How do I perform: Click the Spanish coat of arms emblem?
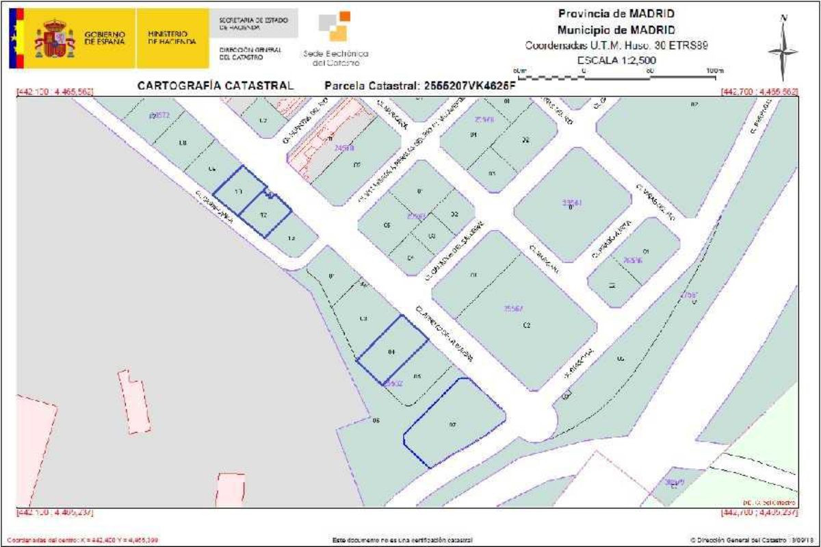tap(55, 38)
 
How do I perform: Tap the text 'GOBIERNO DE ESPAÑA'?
tap(105, 38)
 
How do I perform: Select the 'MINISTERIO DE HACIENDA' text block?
tap(172, 38)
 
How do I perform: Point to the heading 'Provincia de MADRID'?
tap(616, 14)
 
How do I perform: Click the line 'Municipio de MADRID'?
tap(616, 30)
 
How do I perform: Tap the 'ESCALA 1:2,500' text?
tap(616, 60)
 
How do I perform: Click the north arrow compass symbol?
tap(783, 49)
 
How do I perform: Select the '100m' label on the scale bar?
tap(714, 71)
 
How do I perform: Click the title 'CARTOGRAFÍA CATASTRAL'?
tap(216, 86)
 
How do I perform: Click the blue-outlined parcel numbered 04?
tap(392, 351)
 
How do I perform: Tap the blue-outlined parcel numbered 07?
tap(454, 424)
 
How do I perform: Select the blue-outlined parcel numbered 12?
tap(264, 214)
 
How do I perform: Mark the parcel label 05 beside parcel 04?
tap(417, 377)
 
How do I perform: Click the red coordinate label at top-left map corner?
tap(55, 92)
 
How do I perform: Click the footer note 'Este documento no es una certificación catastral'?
tap(402, 540)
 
